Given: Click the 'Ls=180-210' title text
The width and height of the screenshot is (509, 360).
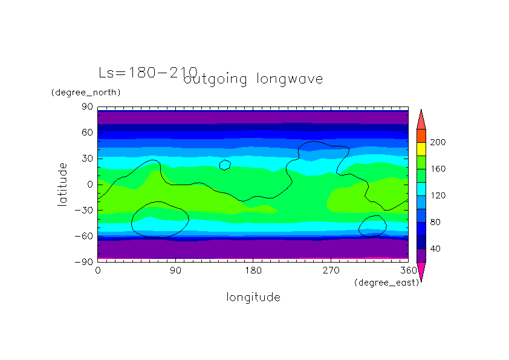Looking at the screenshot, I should tap(148, 73).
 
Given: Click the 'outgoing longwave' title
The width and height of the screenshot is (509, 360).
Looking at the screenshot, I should tap(253, 79).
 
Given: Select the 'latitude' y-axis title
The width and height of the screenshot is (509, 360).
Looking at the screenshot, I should tap(62, 184).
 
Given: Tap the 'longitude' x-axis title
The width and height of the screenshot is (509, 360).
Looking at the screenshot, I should tap(253, 297).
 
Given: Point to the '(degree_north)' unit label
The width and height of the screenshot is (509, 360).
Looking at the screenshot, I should tap(86, 93).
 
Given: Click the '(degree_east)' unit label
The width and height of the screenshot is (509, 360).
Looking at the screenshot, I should tap(386, 282).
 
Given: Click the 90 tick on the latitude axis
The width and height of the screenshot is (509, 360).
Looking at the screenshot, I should tap(87, 107).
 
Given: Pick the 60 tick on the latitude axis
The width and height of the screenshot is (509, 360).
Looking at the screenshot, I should tap(87, 133).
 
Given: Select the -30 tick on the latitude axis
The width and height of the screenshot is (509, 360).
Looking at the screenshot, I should tap(84, 210).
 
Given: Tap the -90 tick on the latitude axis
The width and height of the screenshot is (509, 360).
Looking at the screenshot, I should tap(84, 261).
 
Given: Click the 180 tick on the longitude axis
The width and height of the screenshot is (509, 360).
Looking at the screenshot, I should tap(253, 270).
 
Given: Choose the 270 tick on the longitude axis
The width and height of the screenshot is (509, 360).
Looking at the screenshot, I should tap(331, 270).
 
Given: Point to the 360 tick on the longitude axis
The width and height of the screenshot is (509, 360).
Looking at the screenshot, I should tap(408, 270).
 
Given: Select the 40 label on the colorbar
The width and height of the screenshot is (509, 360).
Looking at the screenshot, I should tap(435, 249).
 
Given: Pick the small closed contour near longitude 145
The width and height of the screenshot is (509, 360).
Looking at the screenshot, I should tap(225, 165).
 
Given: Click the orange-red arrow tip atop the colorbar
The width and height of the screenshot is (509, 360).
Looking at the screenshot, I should tap(421, 120).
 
